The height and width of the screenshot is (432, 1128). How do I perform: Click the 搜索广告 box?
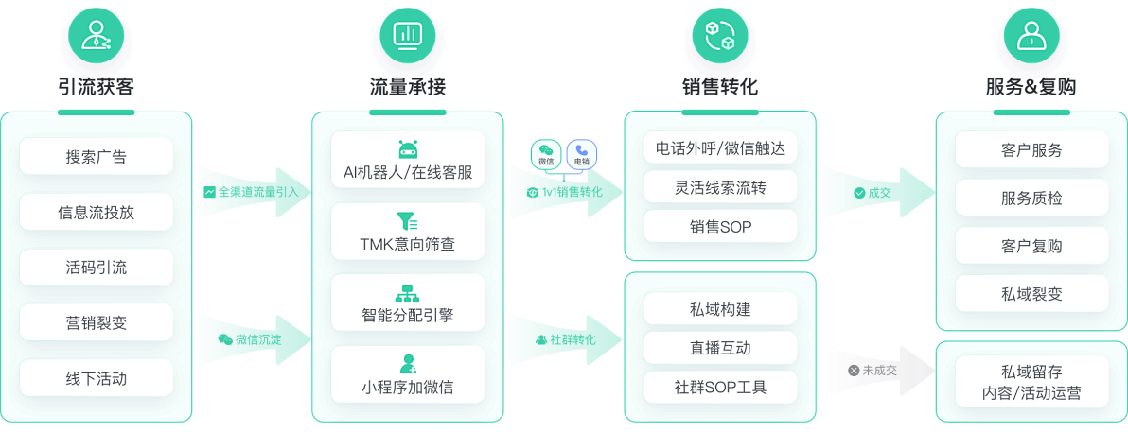tap(96, 157)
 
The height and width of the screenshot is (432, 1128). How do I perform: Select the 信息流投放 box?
tap(96, 212)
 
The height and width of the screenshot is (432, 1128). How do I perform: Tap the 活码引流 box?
tap(96, 268)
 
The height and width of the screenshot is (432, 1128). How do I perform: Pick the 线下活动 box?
tap(96, 378)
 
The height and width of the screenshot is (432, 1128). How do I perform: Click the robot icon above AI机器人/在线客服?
tap(408, 149)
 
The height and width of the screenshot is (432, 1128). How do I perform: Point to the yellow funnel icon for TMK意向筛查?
tap(408, 221)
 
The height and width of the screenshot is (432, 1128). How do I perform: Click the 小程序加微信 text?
tap(408, 387)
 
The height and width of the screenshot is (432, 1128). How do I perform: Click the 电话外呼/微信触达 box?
tap(720, 148)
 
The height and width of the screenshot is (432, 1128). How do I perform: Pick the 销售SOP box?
tap(720, 226)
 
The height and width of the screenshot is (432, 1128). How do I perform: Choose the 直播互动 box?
tap(720, 348)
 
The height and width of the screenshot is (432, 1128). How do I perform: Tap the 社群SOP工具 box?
tap(720, 387)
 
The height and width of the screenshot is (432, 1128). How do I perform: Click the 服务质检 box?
tap(1031, 198)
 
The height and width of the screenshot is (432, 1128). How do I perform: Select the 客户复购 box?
tap(1031, 246)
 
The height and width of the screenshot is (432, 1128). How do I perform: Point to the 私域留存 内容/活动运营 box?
tap(1031, 382)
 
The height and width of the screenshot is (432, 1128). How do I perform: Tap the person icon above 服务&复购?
tap(1031, 37)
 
